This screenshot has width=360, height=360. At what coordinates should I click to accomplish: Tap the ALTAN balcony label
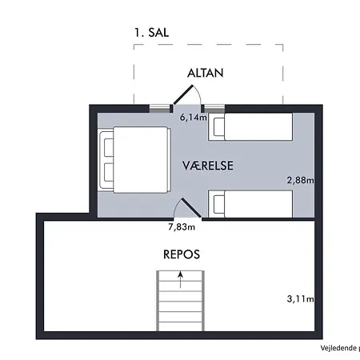(205, 72)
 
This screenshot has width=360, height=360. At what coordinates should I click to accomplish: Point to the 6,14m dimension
(194, 118)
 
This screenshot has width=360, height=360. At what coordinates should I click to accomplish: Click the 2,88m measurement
(300, 181)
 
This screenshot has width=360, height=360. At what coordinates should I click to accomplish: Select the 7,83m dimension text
(182, 226)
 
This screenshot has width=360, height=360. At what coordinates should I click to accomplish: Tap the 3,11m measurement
(300, 299)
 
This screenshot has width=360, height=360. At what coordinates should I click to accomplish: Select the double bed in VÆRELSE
(134, 159)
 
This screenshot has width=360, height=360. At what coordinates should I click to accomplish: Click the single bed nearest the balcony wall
(256, 126)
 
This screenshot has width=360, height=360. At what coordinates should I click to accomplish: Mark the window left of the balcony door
(162, 106)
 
